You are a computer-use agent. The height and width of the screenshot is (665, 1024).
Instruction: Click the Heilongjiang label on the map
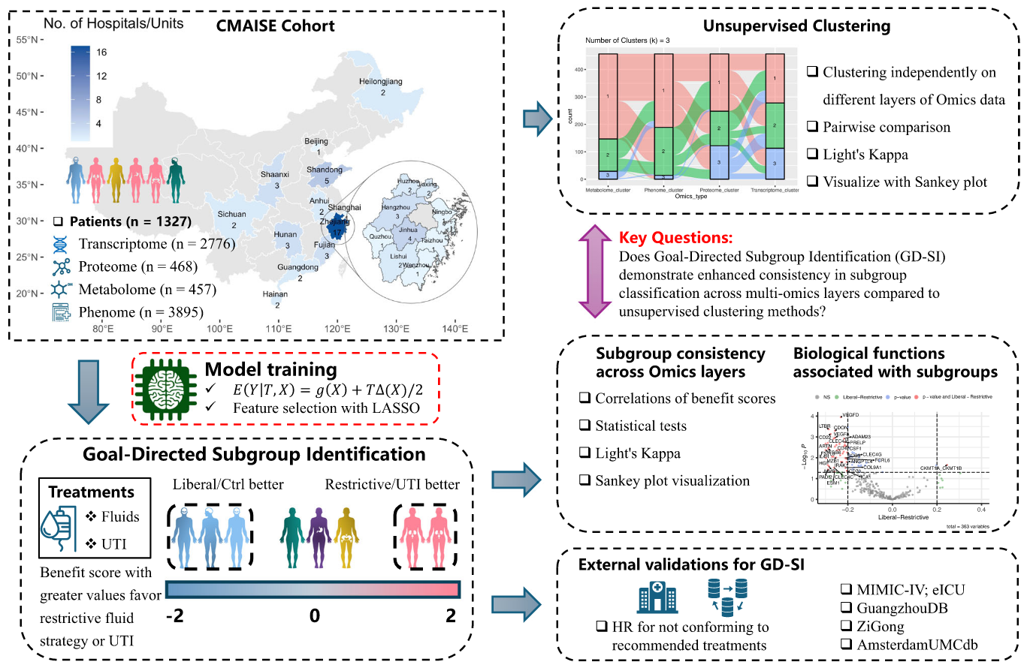382,81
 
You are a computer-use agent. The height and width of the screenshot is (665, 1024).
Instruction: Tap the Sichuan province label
231,214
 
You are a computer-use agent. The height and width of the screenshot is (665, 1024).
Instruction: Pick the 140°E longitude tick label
454,327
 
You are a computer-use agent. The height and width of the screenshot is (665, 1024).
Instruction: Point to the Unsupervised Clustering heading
796,26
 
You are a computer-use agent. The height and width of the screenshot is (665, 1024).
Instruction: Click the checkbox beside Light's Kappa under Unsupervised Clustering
813,154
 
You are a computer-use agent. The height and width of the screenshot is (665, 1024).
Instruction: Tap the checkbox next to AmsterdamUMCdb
847,644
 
